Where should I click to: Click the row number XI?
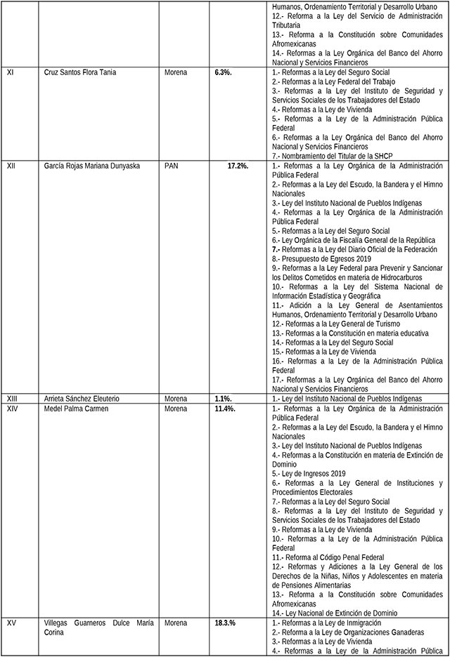tap(11, 72)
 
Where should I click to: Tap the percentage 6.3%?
tap(227, 72)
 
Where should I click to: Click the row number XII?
tap(11, 166)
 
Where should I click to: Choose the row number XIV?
tap(13, 409)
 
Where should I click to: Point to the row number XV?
tap(11, 622)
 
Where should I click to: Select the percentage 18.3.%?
tap(230, 622)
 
